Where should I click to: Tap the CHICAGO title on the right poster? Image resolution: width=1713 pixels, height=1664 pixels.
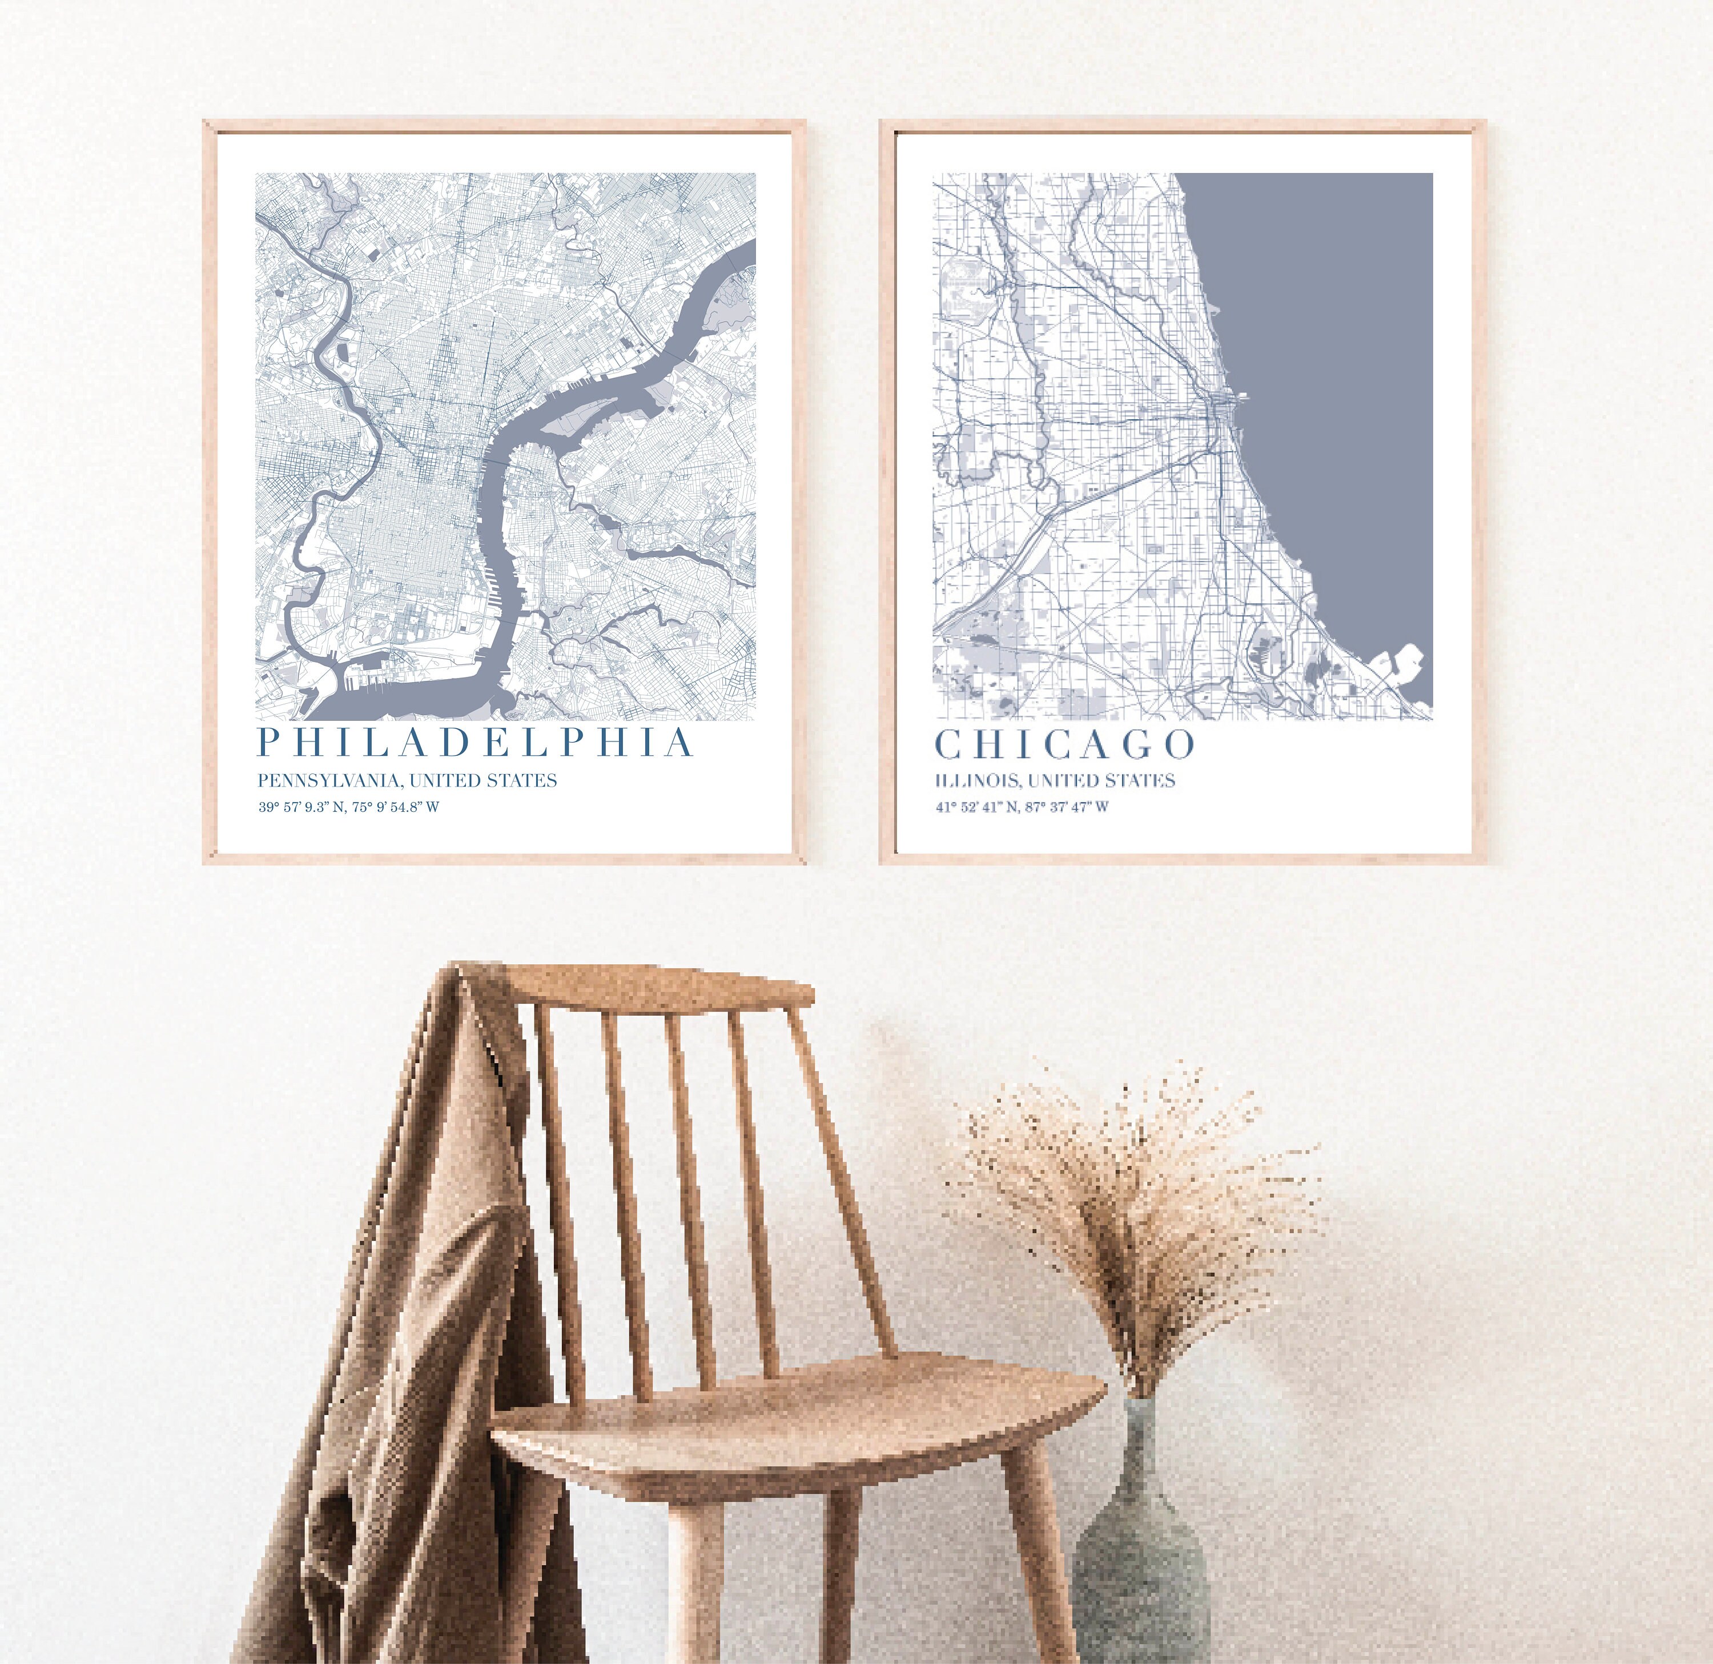pyautogui.click(x=1064, y=744)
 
